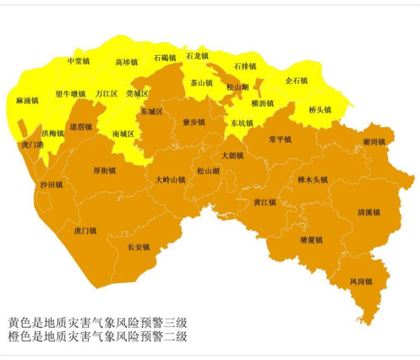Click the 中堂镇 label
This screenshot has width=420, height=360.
[x=78, y=61]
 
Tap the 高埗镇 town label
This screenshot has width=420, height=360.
[x=127, y=62]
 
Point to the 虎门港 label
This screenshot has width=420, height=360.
[x=32, y=145]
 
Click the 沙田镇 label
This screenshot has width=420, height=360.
[x=51, y=184]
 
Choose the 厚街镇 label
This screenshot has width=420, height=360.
[x=104, y=170]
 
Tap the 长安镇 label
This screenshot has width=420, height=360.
[x=139, y=247]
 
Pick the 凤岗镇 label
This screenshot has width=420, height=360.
[x=361, y=281]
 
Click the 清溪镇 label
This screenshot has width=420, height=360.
[x=369, y=212]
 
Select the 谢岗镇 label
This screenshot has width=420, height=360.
[x=374, y=142]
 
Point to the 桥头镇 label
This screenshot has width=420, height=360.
[x=320, y=110]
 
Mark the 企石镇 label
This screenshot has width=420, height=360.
[x=296, y=80]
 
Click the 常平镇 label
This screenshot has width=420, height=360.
[x=280, y=139]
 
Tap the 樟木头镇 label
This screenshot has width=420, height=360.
[x=313, y=179]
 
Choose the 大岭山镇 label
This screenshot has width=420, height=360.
[x=170, y=179]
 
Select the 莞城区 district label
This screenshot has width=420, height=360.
[x=137, y=94]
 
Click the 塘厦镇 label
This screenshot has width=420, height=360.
[x=311, y=239]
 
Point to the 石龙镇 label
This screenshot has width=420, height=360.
[x=197, y=56]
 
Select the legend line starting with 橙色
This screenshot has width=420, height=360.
[x=98, y=336]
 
